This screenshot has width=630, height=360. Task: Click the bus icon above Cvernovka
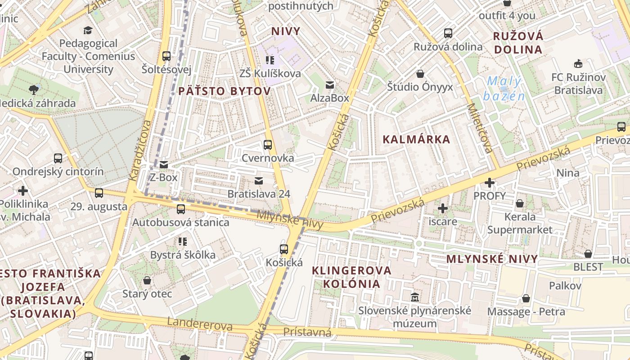coord(268,145)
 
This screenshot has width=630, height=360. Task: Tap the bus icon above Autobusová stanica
coord(181,209)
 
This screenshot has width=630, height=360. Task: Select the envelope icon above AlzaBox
coord(330,85)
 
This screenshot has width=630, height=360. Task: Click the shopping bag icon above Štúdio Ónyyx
coord(420,74)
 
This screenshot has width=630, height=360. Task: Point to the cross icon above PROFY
coord(490,183)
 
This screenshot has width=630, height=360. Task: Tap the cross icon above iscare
coord(443,208)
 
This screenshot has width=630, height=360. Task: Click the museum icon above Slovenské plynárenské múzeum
coord(414,297)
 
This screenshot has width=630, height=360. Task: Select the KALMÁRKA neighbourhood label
coord(416,139)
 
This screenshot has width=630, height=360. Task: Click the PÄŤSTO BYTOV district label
coord(225,91)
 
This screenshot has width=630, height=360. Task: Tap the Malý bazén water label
coord(504,89)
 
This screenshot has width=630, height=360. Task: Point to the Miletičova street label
coord(480,128)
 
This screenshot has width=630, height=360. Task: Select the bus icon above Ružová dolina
coord(448,33)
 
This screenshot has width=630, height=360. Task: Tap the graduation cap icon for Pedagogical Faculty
coord(88,30)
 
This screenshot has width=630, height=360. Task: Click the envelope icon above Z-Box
coord(164,164)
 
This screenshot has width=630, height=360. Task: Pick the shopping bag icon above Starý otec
coord(147,281)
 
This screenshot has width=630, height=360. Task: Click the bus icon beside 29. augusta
coord(99,193)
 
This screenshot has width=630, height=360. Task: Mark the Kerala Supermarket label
coord(520,223)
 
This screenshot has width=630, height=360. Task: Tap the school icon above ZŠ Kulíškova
coord(270,60)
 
